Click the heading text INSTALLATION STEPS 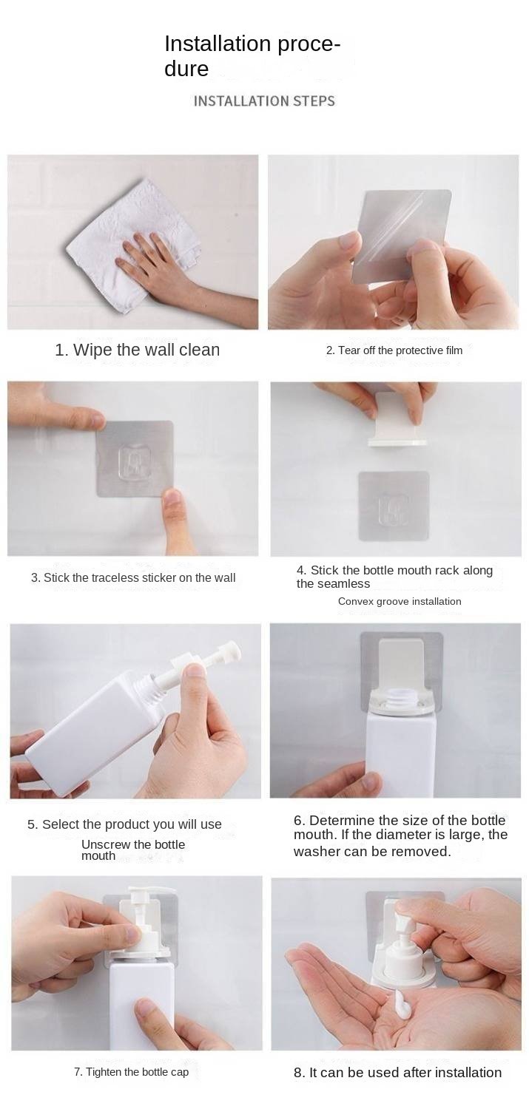264,101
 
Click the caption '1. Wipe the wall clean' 137,350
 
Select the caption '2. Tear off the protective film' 394,350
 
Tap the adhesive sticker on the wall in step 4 394,506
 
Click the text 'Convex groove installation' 400,601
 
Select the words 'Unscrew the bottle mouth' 132,850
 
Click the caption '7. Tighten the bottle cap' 131,1072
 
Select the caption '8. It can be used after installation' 398,1072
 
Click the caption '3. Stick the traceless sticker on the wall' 133,577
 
